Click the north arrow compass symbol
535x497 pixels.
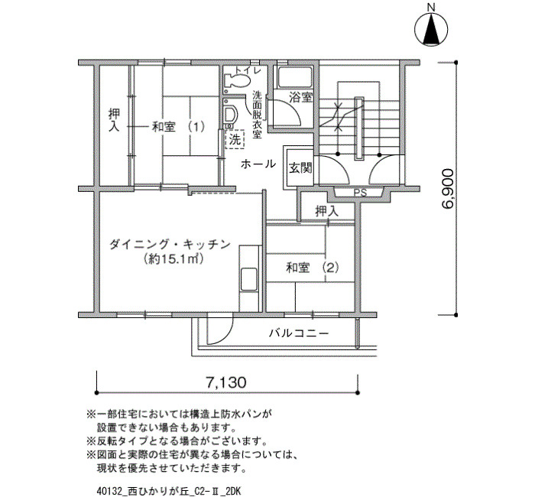pos(431,29)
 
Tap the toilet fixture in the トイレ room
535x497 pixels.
pos(236,81)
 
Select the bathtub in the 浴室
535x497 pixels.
pos(296,77)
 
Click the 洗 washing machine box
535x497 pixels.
pos(235,139)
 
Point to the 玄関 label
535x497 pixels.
pos(300,168)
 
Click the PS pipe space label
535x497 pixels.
pos(360,193)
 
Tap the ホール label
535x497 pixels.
pos(258,164)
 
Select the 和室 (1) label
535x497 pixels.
pos(178,128)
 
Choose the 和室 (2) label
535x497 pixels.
pos(313,268)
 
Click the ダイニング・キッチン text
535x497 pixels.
pos(169,244)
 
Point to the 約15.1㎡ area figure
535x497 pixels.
pos(173,259)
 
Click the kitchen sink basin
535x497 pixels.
pos(248,280)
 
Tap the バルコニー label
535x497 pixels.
pos(299,333)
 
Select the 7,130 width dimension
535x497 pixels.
pos(226,382)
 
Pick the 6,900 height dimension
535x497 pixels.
pos(448,188)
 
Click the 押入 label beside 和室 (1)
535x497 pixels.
pos(114,120)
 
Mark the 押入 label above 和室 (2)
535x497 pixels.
pos(327,212)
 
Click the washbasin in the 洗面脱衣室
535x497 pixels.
pos(232,115)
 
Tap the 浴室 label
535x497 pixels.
pos(300,98)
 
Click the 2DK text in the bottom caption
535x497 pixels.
pos(233,492)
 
